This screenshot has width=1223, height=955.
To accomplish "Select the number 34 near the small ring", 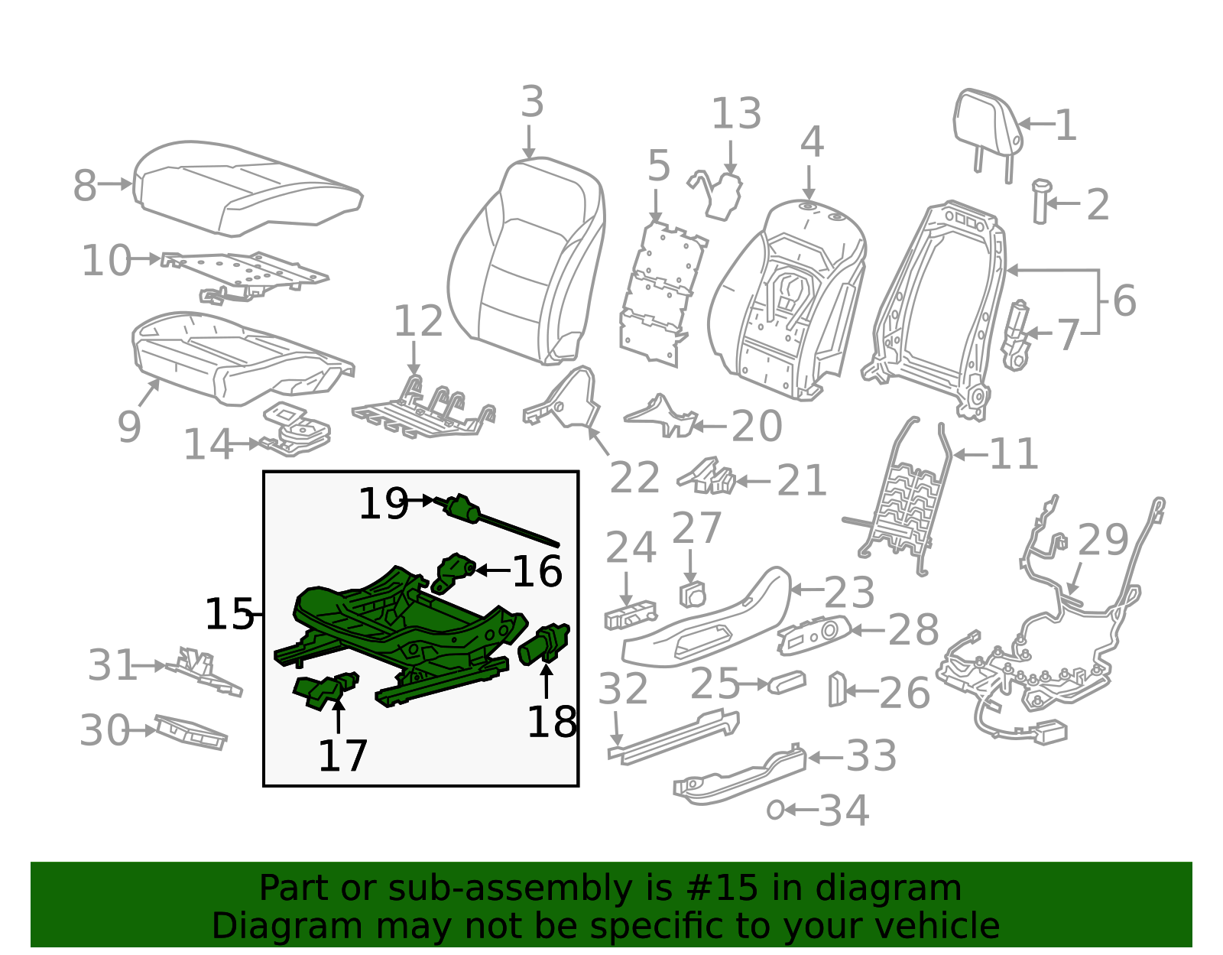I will point(844,811).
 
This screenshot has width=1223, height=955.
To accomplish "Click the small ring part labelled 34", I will point(775,810).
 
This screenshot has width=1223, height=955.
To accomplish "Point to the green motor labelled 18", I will point(544,645).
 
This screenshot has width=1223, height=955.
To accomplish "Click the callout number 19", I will point(384,504).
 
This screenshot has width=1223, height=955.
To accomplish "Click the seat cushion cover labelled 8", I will point(245,187).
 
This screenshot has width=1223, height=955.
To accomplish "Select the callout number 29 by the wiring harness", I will point(1102,541).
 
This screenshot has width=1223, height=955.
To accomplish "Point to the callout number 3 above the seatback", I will point(532,102).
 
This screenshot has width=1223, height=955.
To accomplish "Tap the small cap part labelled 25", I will point(787,682).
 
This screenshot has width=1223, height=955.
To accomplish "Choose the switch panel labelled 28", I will point(813,634).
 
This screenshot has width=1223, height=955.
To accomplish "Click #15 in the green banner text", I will point(722,888).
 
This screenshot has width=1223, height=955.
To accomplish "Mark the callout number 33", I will point(871,757).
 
